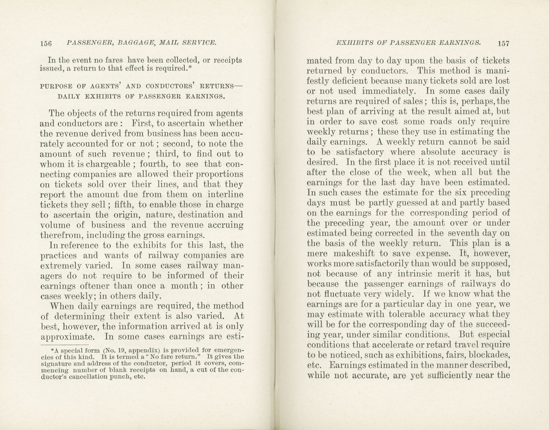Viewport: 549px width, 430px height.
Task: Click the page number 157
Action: pyautogui.click(x=503, y=43)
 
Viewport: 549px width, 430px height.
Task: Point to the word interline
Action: pyautogui.click(x=224, y=194)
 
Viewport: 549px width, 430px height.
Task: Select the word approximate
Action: pyautogui.click(x=67, y=337)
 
